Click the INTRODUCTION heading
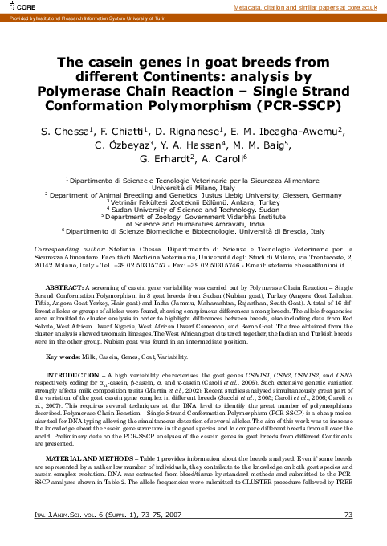(75, 374)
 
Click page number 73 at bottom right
(348, 537)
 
